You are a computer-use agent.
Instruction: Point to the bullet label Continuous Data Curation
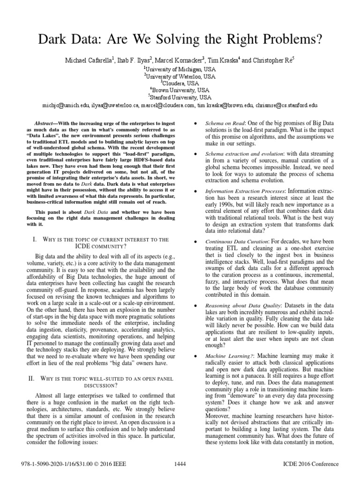pos(238,241)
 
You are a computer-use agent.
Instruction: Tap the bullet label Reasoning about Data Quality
pos(242,305)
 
